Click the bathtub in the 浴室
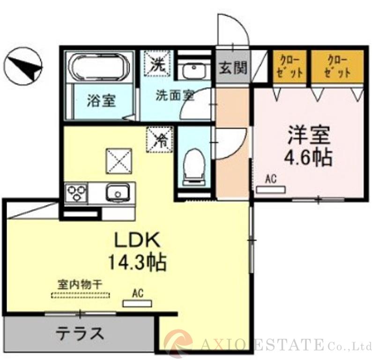click(x=99, y=67)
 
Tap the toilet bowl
click(x=194, y=166)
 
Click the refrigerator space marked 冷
click(x=160, y=139)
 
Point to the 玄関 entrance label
click(x=233, y=68)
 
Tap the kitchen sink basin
click(x=118, y=193)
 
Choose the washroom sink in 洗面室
click(x=194, y=68)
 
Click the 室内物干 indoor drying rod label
click(x=80, y=285)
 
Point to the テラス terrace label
click(x=80, y=333)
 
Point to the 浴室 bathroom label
click(x=101, y=100)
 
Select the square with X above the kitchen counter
click(x=119, y=161)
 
